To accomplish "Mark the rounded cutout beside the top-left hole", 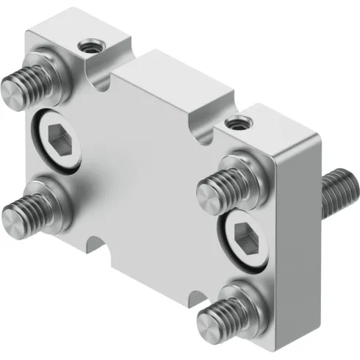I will click(103, 77).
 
